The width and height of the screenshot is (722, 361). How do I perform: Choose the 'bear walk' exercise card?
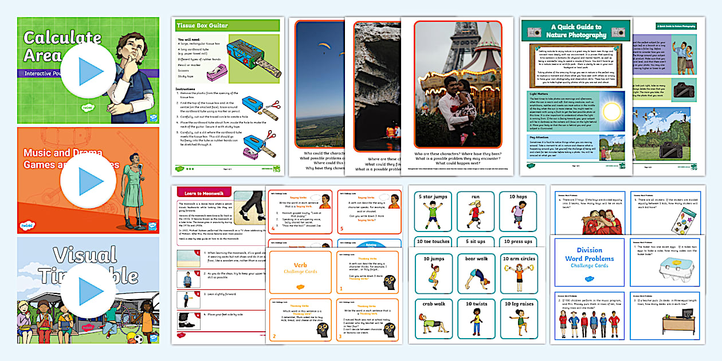click(x=476, y=273)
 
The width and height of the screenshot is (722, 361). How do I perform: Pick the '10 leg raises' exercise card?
click(x=519, y=318)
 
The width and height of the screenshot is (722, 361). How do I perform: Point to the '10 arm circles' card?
click(x=519, y=273)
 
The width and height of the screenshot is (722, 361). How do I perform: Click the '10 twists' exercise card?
click(x=476, y=318)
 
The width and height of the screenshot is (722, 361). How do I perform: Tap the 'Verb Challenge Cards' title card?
click(x=300, y=270)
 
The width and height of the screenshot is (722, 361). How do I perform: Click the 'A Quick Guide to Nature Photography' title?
click(x=576, y=31)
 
